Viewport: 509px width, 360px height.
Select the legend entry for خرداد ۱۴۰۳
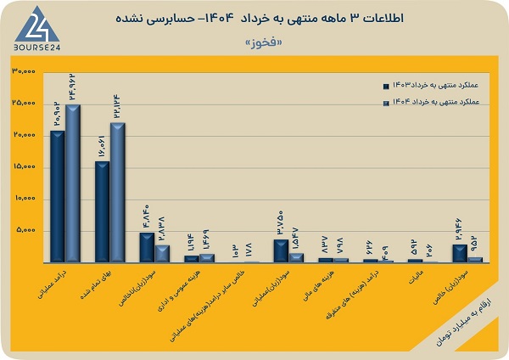433,85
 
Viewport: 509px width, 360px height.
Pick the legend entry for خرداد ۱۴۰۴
433,102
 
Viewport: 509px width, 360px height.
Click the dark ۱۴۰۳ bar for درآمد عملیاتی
57,195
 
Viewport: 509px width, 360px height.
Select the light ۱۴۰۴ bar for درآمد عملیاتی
72,183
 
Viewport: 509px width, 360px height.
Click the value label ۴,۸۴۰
145,218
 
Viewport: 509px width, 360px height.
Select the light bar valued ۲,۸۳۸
162,253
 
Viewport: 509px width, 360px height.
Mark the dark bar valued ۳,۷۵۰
280,250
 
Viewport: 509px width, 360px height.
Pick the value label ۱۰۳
236,249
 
